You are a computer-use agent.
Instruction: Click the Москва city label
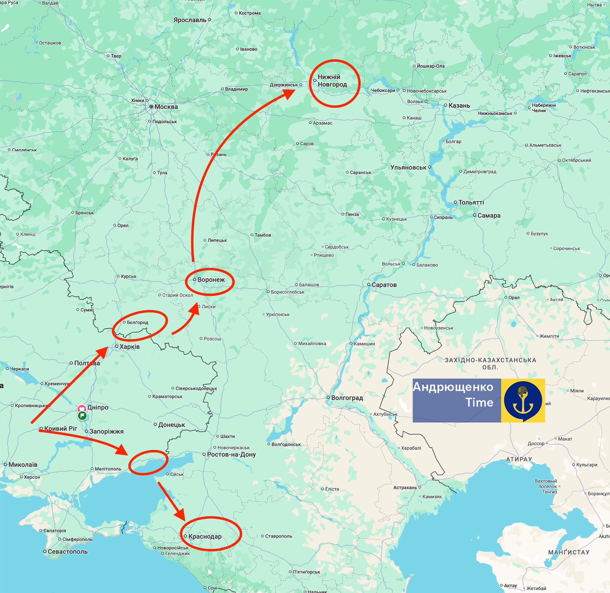pos(166,107)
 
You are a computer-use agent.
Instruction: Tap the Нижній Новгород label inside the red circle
pos(332,81)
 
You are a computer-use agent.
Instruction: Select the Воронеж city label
pos(211,280)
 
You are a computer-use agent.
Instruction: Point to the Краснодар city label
pos(205,537)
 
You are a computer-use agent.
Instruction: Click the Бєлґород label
pos(137,322)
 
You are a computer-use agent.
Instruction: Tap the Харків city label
pos(129,347)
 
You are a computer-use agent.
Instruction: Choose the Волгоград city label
pos(347,398)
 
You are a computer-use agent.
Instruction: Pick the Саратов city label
pos(384,285)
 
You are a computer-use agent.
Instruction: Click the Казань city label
pos(459,106)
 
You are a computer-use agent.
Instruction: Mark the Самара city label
pos(488,216)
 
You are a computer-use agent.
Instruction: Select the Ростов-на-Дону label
pos(231,454)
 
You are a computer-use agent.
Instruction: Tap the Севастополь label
pos(67,560)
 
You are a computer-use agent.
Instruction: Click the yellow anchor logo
pos(523,400)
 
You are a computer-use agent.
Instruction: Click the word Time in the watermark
pos(479,402)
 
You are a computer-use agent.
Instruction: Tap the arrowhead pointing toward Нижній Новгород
pos(289,93)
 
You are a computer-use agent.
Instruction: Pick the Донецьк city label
pos(171,425)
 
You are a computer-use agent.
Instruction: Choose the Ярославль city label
pos(190,20)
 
